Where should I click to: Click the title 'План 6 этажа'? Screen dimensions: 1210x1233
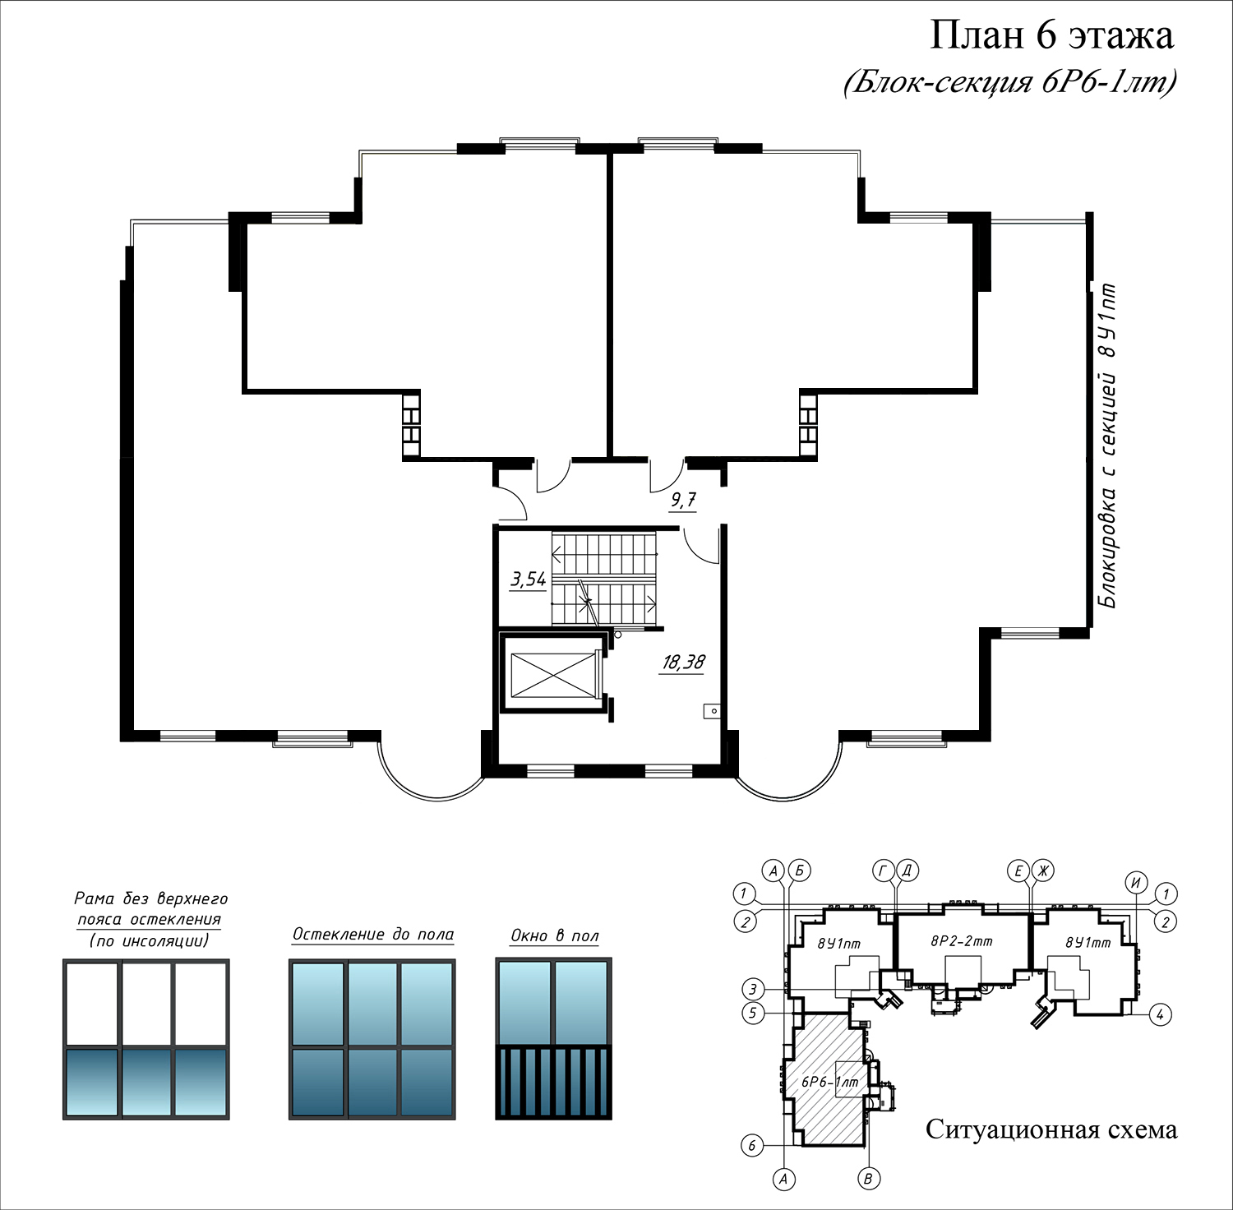(1051, 35)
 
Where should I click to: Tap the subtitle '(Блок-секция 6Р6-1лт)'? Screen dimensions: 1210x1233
(1009, 82)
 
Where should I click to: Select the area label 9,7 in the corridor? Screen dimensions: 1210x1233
(683, 500)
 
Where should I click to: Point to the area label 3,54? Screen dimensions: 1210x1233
(528, 580)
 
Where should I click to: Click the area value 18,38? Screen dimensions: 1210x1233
(683, 663)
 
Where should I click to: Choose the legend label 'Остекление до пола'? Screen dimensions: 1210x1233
(373, 935)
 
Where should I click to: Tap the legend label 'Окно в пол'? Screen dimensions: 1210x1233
(555, 935)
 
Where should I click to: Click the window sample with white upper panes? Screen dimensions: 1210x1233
(146, 1039)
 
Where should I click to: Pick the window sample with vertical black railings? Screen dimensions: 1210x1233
(554, 1039)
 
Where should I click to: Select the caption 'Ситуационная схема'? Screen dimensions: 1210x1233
(1051, 1129)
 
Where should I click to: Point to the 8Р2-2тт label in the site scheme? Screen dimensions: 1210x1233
(961, 941)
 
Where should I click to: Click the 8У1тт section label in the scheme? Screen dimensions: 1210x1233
(1088, 943)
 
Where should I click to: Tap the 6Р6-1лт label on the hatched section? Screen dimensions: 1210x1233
(829, 1083)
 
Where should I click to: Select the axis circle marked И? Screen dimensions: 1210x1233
(1137, 883)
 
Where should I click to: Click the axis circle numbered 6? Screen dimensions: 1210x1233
(752, 1145)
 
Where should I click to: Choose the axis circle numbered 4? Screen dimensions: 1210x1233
(1160, 1014)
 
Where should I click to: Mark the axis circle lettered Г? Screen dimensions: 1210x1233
(884, 871)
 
